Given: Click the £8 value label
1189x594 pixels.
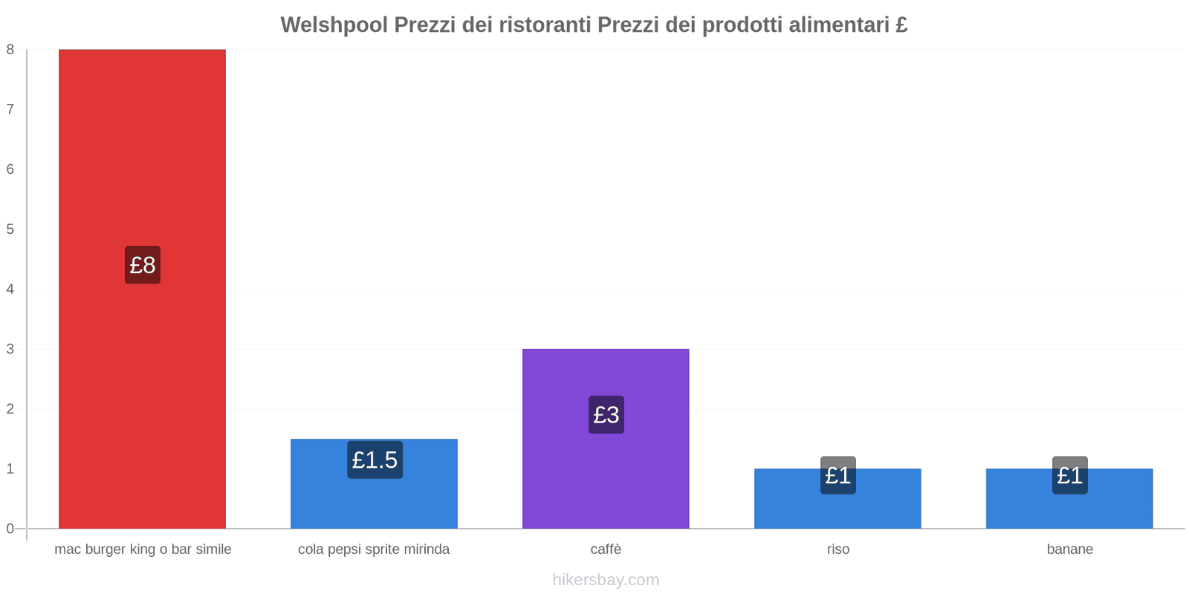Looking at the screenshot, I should (x=143, y=265).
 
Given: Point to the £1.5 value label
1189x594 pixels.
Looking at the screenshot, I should (x=375, y=460).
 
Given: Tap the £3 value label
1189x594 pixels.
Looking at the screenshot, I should (x=606, y=414).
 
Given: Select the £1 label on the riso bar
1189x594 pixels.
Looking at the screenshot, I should (x=838, y=475).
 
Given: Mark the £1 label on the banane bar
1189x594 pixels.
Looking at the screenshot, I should (x=1070, y=475).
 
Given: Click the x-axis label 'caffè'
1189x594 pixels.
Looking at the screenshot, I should (x=606, y=549).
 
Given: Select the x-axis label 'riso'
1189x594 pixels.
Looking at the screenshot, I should (x=838, y=549).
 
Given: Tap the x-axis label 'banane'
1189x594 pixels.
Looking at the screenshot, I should (x=1070, y=549).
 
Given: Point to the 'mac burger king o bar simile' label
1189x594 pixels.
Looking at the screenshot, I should (x=143, y=549).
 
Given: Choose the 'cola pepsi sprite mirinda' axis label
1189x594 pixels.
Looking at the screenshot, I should (x=374, y=549).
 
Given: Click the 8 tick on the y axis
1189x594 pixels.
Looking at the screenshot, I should (x=10, y=50).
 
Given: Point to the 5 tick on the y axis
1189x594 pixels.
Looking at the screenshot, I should (x=10, y=229).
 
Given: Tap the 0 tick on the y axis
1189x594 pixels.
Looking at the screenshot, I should (x=10, y=529).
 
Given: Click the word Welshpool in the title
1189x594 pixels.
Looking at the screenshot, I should (x=334, y=25).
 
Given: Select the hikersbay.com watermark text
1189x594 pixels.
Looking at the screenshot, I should (x=606, y=580).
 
